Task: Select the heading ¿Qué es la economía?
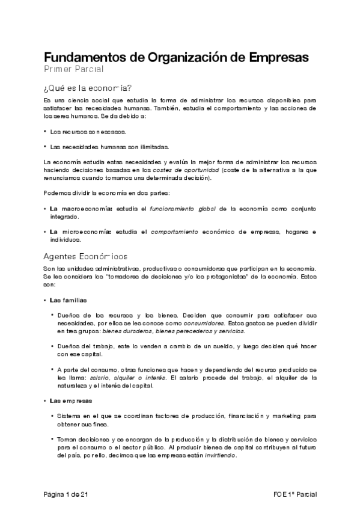[x=88, y=87]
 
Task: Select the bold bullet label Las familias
[x=68, y=300]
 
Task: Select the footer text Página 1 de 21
[x=66, y=494]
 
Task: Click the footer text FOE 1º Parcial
[x=294, y=494]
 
